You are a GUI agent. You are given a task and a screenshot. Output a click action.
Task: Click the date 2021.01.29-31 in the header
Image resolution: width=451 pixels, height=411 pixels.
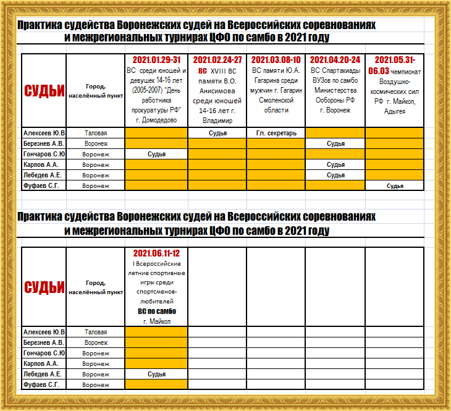(156, 60)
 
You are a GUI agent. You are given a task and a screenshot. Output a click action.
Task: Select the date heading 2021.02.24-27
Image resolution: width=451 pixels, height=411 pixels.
(217, 60)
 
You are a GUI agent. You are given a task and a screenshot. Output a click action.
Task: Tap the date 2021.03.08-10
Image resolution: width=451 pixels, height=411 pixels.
(276, 60)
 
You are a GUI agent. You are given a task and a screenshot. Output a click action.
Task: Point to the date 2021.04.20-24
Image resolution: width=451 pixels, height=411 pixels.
(335, 60)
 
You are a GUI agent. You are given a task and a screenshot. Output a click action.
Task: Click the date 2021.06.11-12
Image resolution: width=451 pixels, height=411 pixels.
(156, 253)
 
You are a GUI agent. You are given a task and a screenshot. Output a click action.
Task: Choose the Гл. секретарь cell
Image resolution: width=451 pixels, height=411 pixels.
(276, 133)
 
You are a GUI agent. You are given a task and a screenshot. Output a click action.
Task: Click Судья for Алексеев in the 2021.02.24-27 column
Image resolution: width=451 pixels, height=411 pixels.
(217, 133)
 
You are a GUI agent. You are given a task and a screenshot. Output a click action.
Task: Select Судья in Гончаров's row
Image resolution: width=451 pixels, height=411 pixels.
(156, 154)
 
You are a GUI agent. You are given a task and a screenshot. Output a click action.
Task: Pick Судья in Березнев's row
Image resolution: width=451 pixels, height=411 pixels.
(335, 143)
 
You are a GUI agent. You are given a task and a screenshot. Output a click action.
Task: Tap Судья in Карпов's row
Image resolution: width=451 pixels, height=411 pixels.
(335, 164)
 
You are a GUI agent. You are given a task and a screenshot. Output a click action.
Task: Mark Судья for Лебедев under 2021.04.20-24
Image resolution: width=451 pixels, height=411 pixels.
(335, 175)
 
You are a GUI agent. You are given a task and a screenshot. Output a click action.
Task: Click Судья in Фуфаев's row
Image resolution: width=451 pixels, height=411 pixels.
(395, 185)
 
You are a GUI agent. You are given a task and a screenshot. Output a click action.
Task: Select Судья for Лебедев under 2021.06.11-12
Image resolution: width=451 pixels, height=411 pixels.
(156, 374)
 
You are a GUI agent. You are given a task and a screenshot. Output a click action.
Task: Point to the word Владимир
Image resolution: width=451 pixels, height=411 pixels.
(217, 121)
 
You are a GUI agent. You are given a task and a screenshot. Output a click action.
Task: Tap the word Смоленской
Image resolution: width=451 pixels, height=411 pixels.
(276, 100)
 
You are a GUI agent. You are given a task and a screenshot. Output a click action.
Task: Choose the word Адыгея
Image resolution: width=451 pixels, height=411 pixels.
(395, 111)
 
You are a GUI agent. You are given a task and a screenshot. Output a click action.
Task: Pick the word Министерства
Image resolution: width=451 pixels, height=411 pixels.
(335, 90)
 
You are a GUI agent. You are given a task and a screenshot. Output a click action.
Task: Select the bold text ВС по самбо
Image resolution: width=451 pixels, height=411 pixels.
(156, 311)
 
